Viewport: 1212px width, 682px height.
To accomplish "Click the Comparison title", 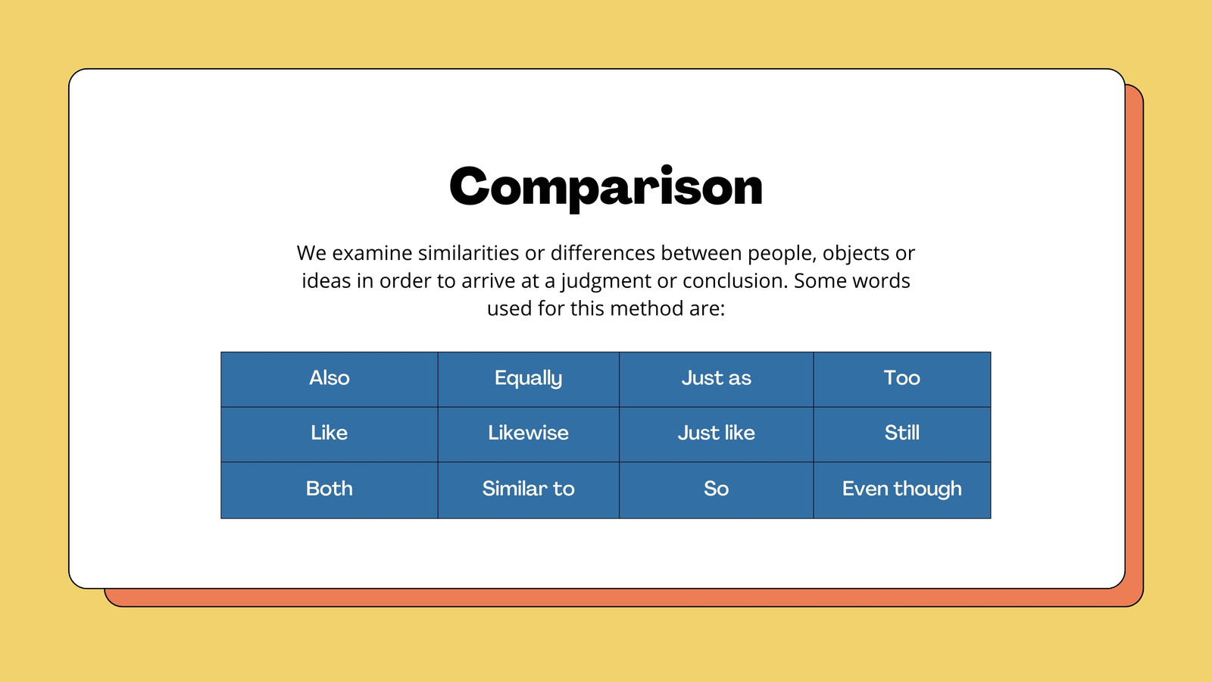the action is (606, 187).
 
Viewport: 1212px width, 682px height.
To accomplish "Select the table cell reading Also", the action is (329, 379).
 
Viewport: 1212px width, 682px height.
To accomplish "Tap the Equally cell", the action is (528, 379).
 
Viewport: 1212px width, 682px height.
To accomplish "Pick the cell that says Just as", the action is (717, 379).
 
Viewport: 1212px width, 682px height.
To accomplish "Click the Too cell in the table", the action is (902, 379).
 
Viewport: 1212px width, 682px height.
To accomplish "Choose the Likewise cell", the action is (528, 434).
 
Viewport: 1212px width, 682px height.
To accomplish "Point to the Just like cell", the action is (717, 434).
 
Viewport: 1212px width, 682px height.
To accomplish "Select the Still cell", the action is (902, 434).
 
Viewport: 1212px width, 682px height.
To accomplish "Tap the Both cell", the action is (329, 490).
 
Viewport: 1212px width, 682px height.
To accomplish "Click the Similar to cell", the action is (528, 490).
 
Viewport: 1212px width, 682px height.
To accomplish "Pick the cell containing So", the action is (717, 490).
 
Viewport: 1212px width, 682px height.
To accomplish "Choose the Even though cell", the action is (902, 490).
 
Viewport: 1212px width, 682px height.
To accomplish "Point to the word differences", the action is (603, 253).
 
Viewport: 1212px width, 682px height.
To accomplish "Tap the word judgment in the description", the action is (605, 281).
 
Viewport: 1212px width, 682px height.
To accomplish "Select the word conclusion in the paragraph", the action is (734, 281).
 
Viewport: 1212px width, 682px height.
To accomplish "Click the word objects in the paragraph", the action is (856, 254).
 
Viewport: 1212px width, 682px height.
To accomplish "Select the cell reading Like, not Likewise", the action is (329, 434).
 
